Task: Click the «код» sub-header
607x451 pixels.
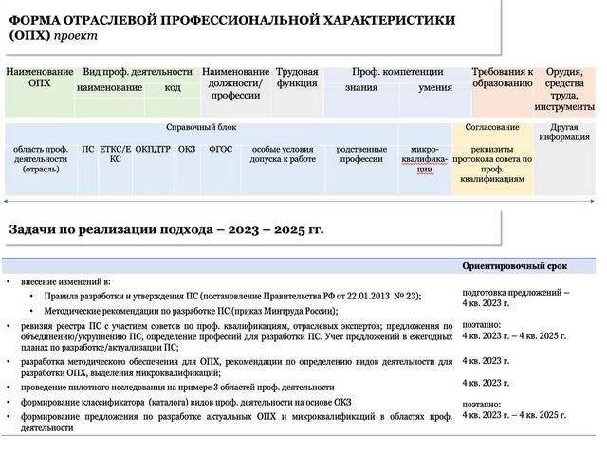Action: [173, 88]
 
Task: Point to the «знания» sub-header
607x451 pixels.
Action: [360, 88]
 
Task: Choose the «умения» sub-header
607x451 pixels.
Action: [435, 88]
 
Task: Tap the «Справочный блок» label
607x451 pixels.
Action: [201, 127]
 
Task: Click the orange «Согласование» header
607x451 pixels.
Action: [492, 127]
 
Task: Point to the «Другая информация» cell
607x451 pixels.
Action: [565, 132]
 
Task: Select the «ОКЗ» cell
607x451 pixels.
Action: [187, 149]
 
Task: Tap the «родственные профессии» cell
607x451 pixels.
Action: [361, 153]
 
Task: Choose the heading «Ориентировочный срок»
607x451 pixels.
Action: [514, 266]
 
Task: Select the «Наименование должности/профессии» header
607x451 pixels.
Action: [236, 83]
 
